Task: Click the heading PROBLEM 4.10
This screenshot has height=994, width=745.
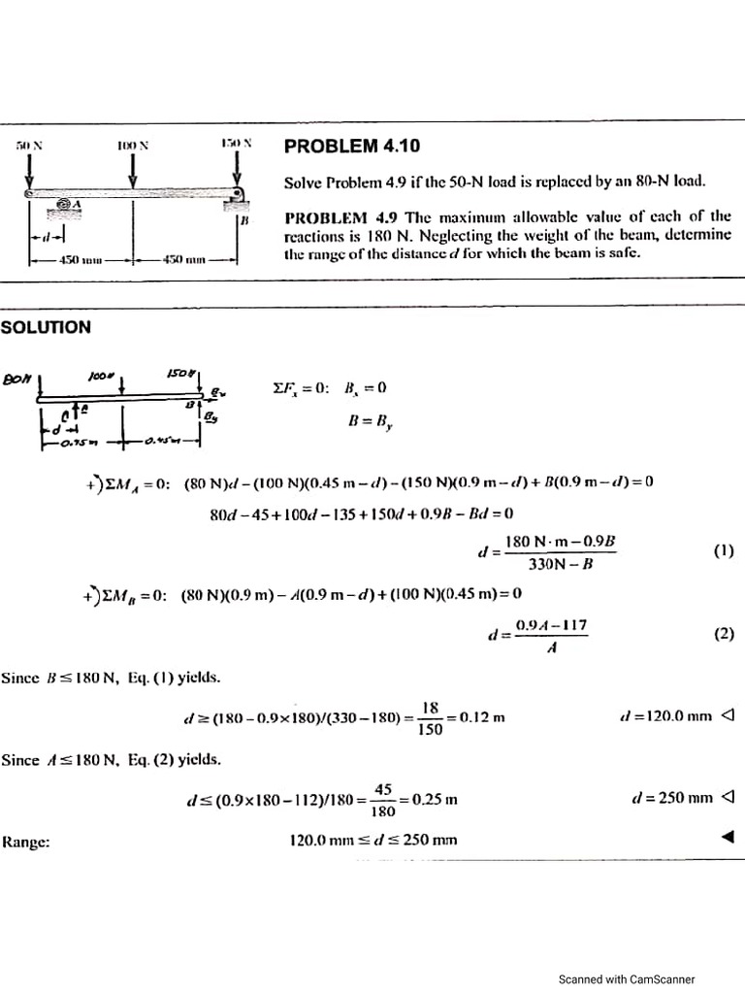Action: pos(352,147)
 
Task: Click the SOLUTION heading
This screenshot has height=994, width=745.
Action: pos(46,327)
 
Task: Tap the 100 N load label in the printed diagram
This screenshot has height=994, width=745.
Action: pos(133,145)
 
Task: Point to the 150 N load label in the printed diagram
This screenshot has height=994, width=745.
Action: pos(236,143)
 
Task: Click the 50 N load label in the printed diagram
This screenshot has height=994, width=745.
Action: pos(29,145)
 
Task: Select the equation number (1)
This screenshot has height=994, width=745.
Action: pos(723,550)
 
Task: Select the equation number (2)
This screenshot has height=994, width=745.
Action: pos(723,634)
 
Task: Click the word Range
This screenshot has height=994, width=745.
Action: pos(26,842)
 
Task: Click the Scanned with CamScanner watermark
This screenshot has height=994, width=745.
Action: pos(627,979)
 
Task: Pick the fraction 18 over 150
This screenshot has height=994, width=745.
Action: pos(429,718)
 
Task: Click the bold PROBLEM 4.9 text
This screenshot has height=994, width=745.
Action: pos(333,215)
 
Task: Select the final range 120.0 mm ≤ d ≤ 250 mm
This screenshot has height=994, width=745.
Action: pos(373,840)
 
